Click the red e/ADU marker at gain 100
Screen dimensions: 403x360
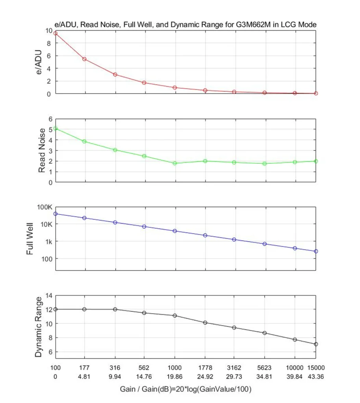click(56, 33)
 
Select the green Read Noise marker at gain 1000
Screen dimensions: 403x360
click(175, 163)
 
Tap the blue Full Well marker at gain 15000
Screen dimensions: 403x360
click(316, 251)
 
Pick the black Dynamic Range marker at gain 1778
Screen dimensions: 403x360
click(205, 323)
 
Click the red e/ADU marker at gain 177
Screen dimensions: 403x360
click(84, 59)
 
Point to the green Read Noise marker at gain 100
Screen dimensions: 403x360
click(56, 128)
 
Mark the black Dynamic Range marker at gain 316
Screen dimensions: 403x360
click(115, 309)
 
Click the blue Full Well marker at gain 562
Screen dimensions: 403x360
click(144, 226)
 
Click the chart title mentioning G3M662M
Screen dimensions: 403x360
click(186, 25)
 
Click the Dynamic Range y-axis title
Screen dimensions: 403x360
click(38, 327)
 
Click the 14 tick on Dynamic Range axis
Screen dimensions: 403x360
click(49, 295)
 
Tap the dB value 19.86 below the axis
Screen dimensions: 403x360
click(175, 377)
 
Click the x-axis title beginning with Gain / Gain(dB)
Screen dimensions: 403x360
click(186, 389)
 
